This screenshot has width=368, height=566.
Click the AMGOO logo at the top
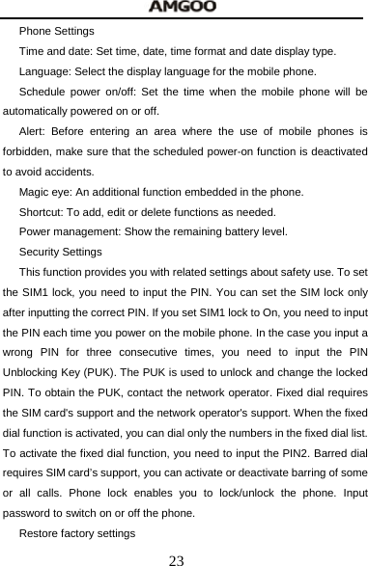click(x=183, y=8)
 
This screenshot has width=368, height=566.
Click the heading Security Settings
click(x=61, y=252)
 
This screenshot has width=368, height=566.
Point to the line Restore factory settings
click(x=77, y=533)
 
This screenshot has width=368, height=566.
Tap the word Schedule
click(x=42, y=93)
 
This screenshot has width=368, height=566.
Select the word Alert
click(x=33, y=131)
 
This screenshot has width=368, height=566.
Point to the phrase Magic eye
click(x=44, y=192)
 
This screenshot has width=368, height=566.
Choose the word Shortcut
click(x=42, y=212)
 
